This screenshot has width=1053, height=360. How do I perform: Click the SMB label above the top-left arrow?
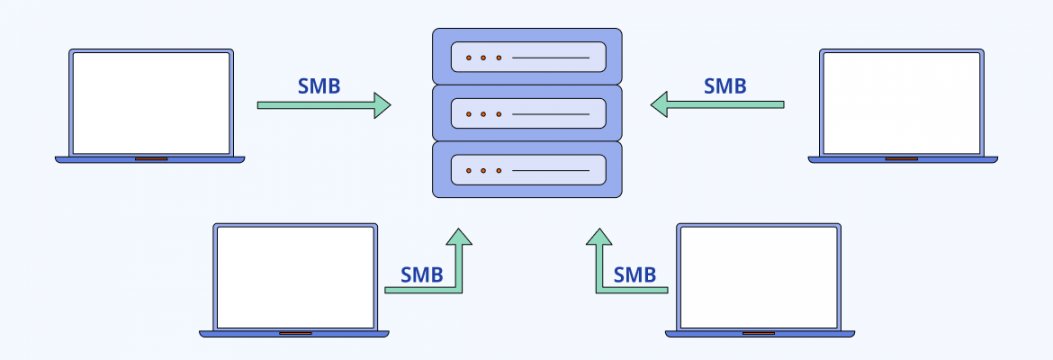pos(319,86)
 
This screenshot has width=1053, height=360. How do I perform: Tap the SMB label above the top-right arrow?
pos(725,86)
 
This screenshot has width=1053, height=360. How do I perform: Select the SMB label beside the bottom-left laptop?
pos(422,274)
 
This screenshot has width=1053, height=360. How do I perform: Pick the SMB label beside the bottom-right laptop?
pos(635,274)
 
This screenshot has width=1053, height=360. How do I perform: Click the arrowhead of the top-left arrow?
pos(381,104)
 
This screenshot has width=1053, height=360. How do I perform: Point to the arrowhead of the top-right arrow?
pos(659,104)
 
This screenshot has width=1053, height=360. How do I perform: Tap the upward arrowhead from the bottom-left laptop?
pos(458,237)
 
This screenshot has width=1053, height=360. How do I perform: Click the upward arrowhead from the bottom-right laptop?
pos(598,237)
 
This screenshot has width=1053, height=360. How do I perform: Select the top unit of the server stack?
pos(527,56)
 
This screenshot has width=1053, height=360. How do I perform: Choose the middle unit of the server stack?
pos(527,113)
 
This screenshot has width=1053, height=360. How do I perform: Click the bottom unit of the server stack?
pos(527,170)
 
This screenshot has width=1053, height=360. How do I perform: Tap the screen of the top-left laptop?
pos(151,102)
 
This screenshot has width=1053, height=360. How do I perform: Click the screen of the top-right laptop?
pos(901,102)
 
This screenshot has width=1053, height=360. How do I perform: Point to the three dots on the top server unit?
pos(483,57)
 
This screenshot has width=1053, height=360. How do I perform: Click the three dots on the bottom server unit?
pos(483,171)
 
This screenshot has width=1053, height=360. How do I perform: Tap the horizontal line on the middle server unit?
pos(550,114)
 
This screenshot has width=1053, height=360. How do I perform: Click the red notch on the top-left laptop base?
pos(151,159)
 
